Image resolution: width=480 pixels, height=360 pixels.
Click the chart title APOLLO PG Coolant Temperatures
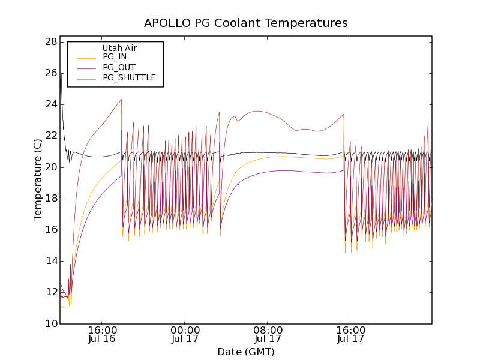(x=246, y=23)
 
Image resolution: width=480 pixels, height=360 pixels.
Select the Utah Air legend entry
(x=119, y=48)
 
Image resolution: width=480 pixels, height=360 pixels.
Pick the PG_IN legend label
(x=115, y=57)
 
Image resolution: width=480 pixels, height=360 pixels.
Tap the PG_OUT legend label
(x=119, y=67)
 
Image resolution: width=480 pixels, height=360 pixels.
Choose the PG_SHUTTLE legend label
(x=129, y=77)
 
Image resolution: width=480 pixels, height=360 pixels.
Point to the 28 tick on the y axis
(x=50, y=42)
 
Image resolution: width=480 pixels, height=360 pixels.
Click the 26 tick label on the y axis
(x=50, y=73)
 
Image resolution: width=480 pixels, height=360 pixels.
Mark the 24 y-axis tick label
(x=50, y=104)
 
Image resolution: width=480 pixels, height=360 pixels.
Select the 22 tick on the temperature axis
(x=50, y=136)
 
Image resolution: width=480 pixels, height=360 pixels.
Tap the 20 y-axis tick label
(x=50, y=167)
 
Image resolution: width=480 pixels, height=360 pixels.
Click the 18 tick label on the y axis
(x=50, y=199)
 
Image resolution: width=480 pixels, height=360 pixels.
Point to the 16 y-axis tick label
(x=50, y=230)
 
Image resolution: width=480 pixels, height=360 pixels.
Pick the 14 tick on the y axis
(x=50, y=261)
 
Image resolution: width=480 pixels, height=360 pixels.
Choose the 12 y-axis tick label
(x=50, y=292)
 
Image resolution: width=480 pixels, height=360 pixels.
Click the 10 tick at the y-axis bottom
(x=50, y=324)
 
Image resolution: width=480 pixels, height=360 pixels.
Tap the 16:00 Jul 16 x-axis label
(x=102, y=334)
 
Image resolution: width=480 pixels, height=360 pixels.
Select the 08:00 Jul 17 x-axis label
(x=268, y=334)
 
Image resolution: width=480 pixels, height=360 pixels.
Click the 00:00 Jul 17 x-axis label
(x=185, y=334)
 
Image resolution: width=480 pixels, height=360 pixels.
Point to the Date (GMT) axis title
(x=246, y=352)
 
